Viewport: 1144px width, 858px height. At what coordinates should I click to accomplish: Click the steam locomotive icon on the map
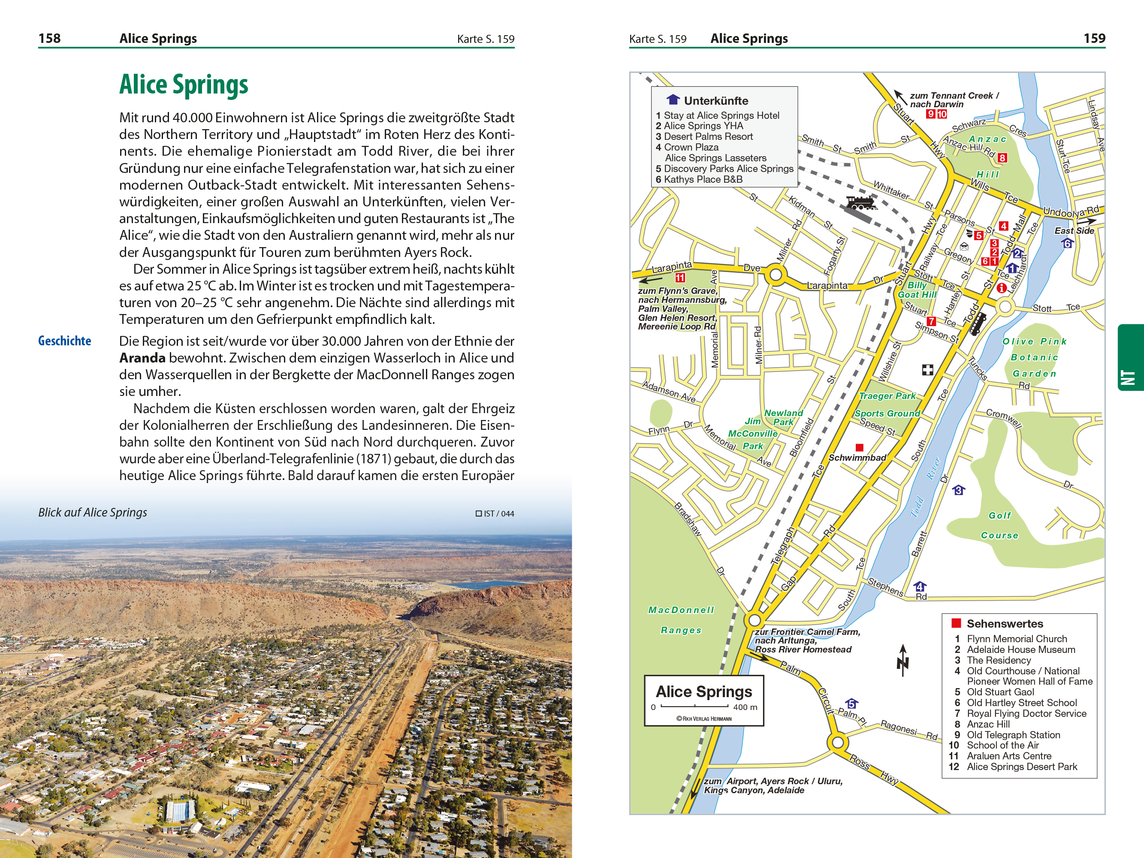(x=861, y=203)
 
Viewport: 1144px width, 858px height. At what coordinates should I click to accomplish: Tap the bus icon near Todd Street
(x=977, y=324)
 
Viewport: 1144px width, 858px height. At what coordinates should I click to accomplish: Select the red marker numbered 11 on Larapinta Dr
(x=680, y=278)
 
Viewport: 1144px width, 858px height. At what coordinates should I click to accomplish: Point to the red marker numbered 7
(x=931, y=321)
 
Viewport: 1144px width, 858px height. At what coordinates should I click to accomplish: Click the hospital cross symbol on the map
(x=927, y=369)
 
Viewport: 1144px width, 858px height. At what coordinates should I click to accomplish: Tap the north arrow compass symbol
(x=903, y=660)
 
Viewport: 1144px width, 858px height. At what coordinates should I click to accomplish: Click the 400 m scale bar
(x=694, y=706)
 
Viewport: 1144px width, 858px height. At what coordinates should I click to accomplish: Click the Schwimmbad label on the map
(x=857, y=458)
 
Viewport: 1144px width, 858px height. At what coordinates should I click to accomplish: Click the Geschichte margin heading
(x=65, y=341)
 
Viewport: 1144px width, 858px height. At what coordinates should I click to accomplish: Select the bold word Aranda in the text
(x=142, y=358)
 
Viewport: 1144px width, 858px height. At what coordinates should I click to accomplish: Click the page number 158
(x=49, y=38)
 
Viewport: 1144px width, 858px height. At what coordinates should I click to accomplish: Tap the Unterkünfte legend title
(x=716, y=100)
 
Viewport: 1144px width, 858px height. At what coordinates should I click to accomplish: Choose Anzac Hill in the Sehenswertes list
(x=988, y=724)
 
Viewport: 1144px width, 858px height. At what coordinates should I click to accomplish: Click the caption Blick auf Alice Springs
(x=93, y=513)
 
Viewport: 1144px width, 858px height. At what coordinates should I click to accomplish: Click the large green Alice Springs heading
(x=184, y=85)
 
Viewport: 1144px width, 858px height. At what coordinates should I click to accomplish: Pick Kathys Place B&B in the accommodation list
(x=703, y=179)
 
